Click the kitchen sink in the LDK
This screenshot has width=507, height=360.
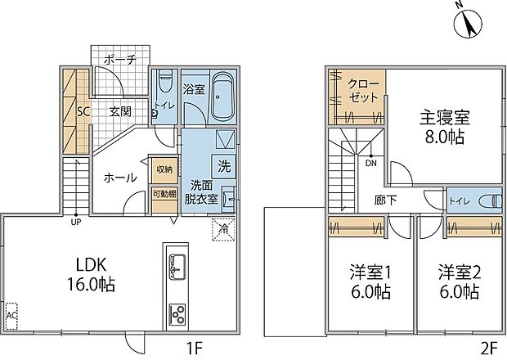click(x=177, y=266)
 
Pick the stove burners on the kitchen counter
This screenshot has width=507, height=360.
click(x=177, y=314)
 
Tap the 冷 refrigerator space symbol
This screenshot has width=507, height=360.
click(x=222, y=229)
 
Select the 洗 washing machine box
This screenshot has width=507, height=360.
click(x=224, y=162)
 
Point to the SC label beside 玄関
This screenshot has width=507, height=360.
click(x=83, y=112)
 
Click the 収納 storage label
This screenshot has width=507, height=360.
click(x=164, y=169)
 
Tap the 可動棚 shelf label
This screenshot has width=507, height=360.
click(x=164, y=194)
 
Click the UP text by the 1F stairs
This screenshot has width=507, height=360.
click(x=75, y=221)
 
